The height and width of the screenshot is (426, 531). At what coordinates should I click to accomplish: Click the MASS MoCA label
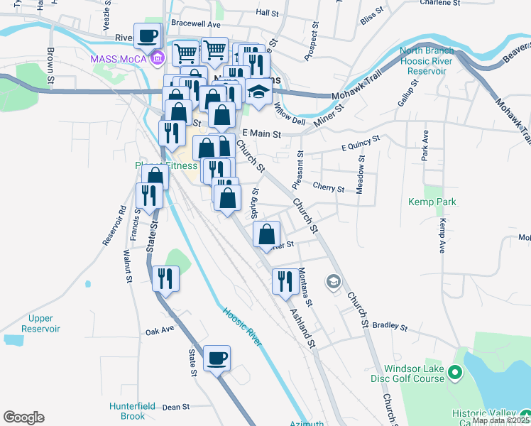(118, 58)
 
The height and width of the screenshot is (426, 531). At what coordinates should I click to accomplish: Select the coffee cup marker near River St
(148, 35)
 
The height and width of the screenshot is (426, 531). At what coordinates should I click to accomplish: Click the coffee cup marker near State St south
(217, 357)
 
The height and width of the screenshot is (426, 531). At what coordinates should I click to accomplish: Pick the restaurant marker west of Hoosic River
(165, 278)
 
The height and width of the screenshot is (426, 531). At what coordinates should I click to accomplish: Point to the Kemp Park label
(432, 202)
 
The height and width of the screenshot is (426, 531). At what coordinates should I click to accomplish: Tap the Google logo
(23, 417)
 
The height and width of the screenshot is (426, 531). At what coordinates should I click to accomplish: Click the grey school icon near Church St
(332, 282)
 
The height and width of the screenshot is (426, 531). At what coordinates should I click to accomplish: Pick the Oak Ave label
(160, 331)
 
